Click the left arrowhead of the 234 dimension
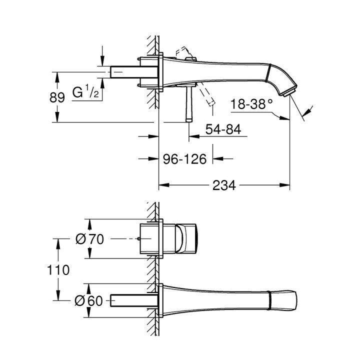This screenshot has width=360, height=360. pos(161,185)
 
